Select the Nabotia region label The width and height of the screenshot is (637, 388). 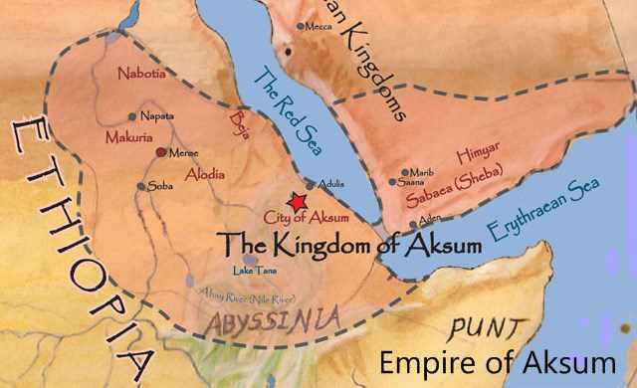point(141,74)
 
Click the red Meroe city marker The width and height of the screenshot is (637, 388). point(161,152)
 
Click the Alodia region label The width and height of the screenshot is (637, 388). point(203,174)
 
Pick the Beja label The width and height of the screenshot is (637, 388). point(236,130)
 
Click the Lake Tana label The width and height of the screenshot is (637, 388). point(255,271)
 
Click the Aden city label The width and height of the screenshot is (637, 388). point(430,218)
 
